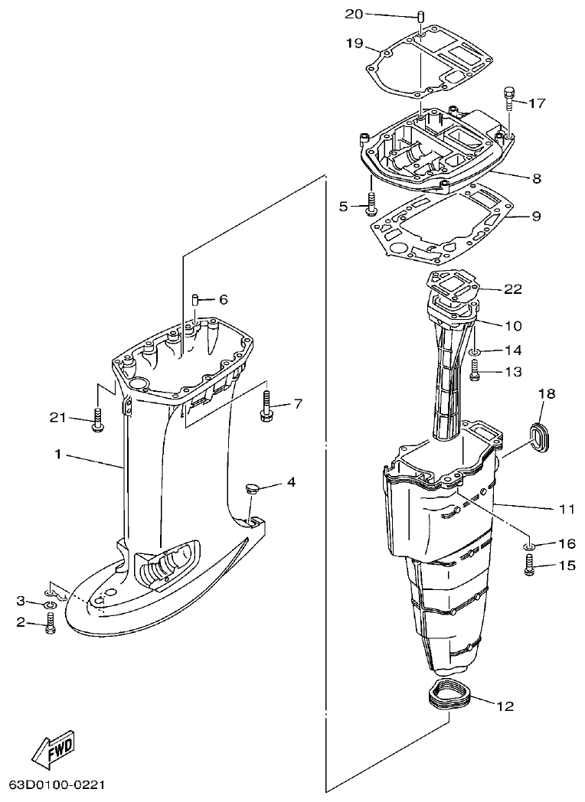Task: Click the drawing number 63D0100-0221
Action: (x=57, y=785)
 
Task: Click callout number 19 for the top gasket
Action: (x=354, y=43)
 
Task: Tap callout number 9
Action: (x=535, y=217)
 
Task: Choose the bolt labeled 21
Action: (x=96, y=419)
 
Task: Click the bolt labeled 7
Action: (x=265, y=406)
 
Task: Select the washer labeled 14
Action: (x=474, y=351)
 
